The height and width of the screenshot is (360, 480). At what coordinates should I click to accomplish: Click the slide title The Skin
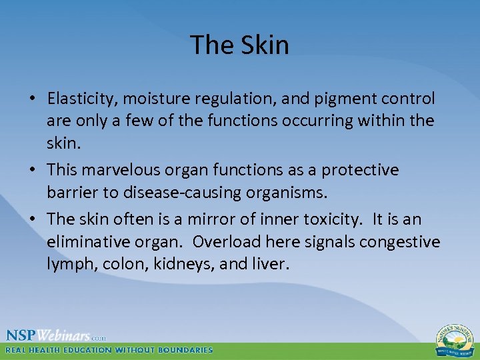point(239,45)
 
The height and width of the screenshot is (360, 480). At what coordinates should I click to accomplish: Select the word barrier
point(71,193)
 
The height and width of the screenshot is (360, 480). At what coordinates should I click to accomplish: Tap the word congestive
point(399,241)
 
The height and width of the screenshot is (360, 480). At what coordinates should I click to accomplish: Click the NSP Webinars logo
point(56,335)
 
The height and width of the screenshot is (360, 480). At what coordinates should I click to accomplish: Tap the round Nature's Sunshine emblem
point(455,340)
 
